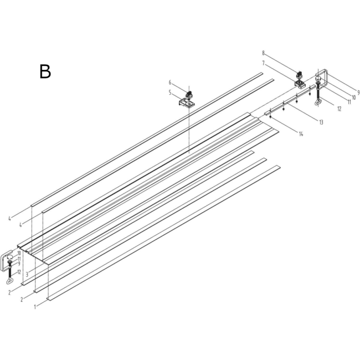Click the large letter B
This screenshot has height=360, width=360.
[x=45, y=71]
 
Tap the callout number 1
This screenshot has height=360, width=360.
[x=35, y=307]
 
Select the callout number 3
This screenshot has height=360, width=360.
[x=27, y=274]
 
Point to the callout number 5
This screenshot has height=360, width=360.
[x=170, y=92]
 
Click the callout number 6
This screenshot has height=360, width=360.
[x=170, y=82]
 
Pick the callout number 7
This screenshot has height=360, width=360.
[x=263, y=63]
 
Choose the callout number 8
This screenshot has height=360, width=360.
[x=263, y=53]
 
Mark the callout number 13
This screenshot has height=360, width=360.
[x=321, y=122]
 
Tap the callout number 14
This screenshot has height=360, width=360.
[x=301, y=134]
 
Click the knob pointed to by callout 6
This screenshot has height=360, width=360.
[x=189, y=95]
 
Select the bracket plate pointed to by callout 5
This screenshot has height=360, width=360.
[x=187, y=103]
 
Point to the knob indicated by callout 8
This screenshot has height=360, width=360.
[x=300, y=75]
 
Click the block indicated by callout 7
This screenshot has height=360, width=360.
[x=300, y=84]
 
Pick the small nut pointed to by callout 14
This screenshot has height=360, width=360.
[x=271, y=117]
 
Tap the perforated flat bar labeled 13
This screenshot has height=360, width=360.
[x=290, y=100]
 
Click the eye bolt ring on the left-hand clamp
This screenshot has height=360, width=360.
[x=9, y=280]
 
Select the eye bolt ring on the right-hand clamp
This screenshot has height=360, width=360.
[x=317, y=102]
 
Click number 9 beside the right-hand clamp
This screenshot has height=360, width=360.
[x=358, y=92]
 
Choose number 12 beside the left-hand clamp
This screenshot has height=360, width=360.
[x=19, y=272]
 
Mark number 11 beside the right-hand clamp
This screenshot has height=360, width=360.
[x=349, y=102]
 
